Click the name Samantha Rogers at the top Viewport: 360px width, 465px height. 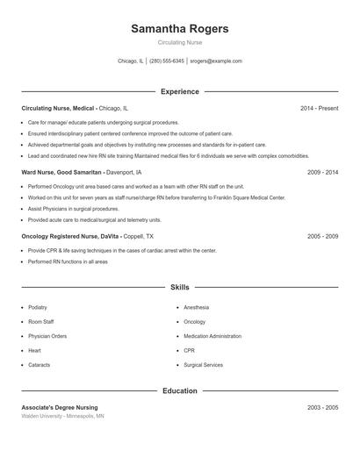[x=179, y=29]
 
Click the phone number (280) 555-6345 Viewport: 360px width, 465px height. [x=167, y=61]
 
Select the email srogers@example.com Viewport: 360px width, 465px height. [x=216, y=61]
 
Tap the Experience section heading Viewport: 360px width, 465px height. [x=179, y=91]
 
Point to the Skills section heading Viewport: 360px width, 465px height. [x=179, y=287]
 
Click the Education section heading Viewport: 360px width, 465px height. [x=179, y=390]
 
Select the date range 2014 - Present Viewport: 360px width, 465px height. [x=319, y=108]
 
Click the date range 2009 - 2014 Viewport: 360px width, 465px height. [x=322, y=172]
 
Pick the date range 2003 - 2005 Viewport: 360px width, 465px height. [x=322, y=408]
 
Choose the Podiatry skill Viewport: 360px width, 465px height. [x=38, y=308]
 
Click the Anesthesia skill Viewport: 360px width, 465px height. [x=196, y=308]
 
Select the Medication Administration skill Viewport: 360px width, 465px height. [x=212, y=336]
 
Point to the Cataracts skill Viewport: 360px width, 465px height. [x=39, y=364]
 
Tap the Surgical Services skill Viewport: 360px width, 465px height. [x=203, y=364]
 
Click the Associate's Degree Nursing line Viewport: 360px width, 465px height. [x=60, y=408]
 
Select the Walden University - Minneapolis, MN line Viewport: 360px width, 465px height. [x=63, y=417]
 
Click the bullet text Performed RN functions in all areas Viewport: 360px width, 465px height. [x=68, y=261]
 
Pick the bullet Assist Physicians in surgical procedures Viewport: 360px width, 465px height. [x=73, y=209]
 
